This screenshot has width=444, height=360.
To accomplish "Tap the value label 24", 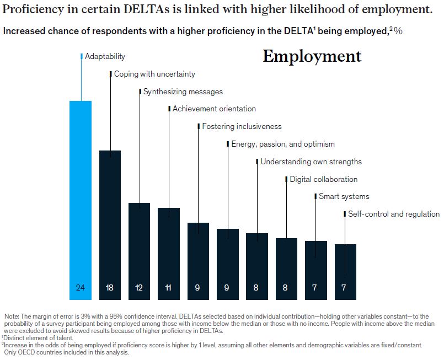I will click(x=80, y=287).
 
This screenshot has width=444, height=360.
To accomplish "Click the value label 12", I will click(x=139, y=287).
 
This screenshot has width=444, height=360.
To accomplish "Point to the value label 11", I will click(x=168, y=287).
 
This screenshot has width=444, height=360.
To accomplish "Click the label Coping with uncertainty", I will click(x=154, y=74).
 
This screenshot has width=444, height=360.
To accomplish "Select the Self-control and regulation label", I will click(x=394, y=214).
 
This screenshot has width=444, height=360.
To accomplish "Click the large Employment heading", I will click(x=312, y=56).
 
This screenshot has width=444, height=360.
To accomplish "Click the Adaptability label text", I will click(x=105, y=56).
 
